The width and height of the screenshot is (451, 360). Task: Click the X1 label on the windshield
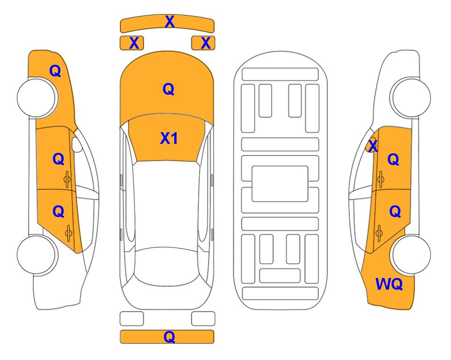169,139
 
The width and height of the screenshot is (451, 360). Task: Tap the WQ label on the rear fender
389,284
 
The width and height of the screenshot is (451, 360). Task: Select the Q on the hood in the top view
169,89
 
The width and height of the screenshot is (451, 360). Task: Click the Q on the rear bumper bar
169,337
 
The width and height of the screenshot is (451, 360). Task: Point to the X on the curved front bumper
170,21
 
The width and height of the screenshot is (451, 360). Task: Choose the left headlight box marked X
132,43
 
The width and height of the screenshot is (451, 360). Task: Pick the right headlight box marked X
203,43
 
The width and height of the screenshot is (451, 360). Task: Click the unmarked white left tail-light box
132,319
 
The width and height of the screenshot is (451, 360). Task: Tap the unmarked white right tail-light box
203,319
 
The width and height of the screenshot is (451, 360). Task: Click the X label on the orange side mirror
373,145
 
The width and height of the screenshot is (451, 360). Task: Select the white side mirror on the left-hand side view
77,144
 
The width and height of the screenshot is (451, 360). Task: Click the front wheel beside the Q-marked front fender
37,97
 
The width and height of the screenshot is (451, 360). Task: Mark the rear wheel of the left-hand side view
37,255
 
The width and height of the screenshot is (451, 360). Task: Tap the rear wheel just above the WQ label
411,255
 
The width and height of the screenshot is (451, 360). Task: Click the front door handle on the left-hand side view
67,180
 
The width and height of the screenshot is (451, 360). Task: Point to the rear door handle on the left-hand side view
68,233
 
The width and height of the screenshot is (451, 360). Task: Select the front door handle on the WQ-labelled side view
381,179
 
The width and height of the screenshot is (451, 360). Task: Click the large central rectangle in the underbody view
280,184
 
